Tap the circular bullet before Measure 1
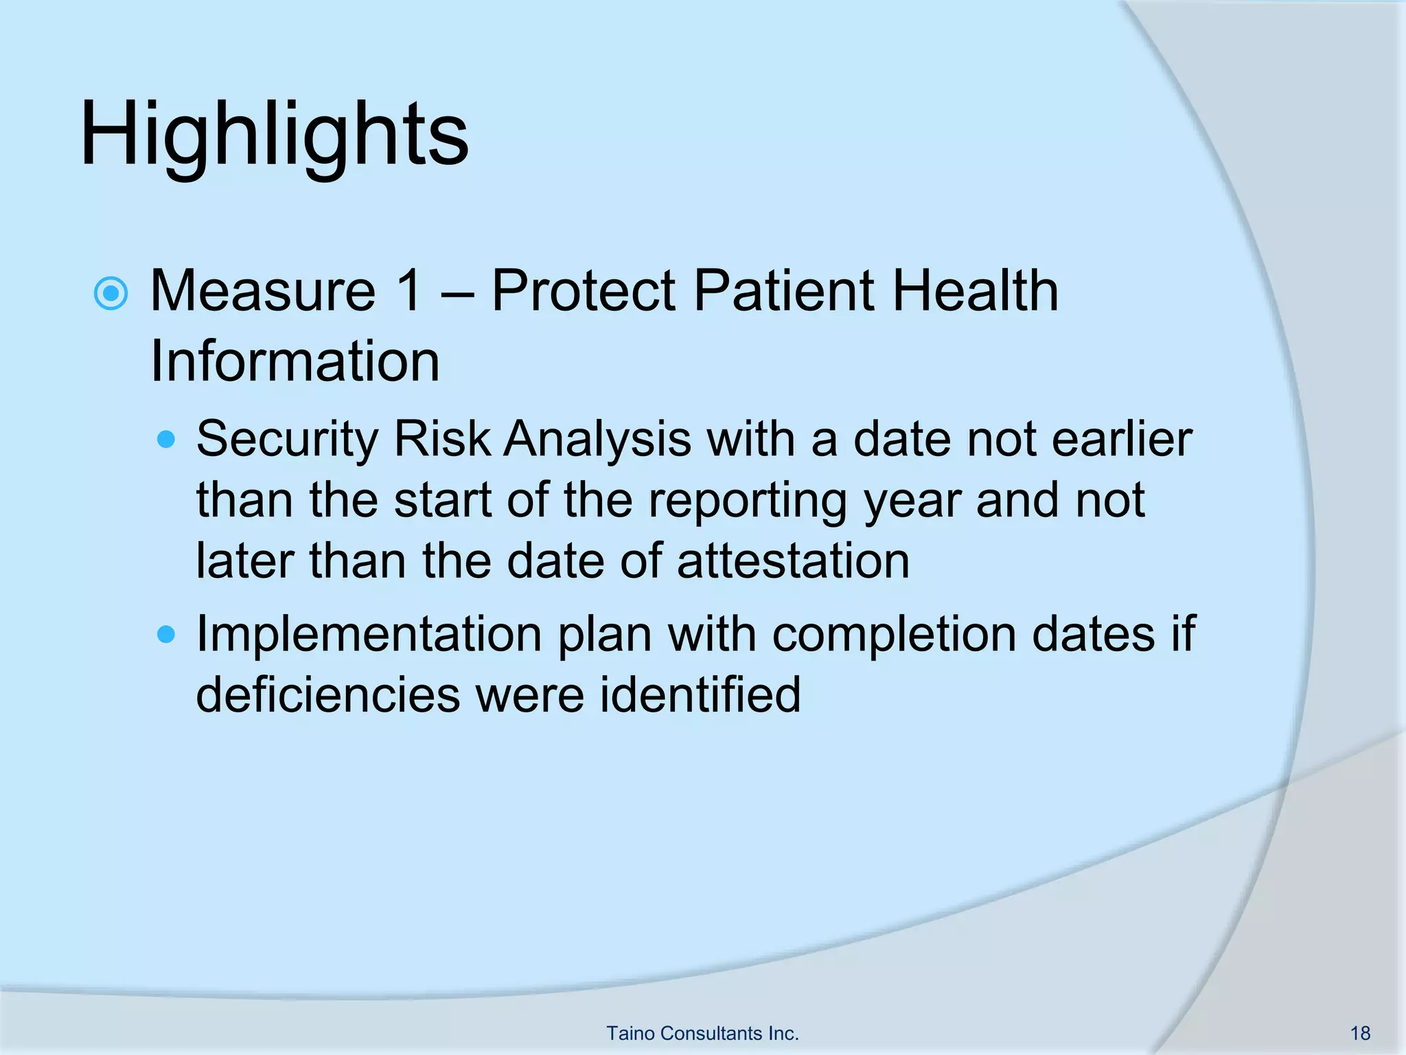click(111, 294)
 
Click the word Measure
click(263, 291)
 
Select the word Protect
click(584, 291)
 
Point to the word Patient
click(783, 291)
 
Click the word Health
click(975, 291)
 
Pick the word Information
click(295, 361)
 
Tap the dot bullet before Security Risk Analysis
click(166, 440)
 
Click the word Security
click(286, 440)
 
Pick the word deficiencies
click(327, 694)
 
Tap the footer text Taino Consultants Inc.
click(702, 1033)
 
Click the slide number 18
click(1360, 1033)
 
